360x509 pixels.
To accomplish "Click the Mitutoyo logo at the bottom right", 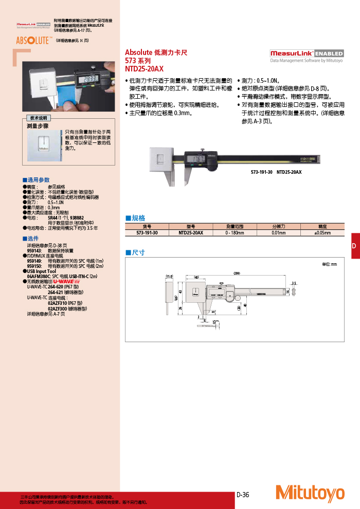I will (x=310, y=493).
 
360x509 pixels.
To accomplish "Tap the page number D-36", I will (x=243, y=495).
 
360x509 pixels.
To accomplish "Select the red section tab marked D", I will (x=354, y=246).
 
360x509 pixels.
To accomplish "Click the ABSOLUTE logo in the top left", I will (x=32, y=40).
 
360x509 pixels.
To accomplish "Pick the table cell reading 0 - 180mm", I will (x=235, y=233).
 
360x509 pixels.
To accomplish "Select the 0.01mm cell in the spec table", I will (x=279, y=233).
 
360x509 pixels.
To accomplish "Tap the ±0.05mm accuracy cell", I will (x=322, y=233).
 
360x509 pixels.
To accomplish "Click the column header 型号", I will (x=191, y=226).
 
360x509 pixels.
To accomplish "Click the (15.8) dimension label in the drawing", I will (x=169, y=277).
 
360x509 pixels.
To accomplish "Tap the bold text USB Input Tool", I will (x=42, y=271).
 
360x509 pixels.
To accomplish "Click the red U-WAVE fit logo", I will (x=67, y=281).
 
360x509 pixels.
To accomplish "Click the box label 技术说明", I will (x=39, y=118).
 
